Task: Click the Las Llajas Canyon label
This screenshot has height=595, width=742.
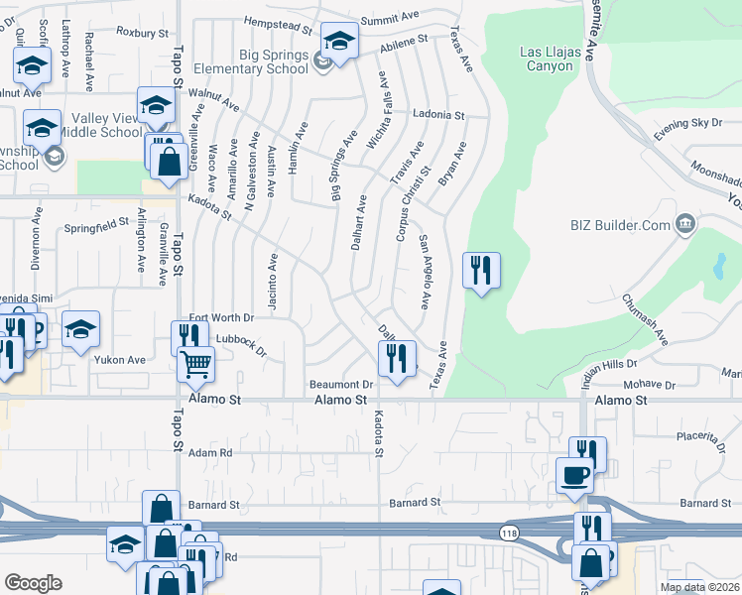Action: coord(548,59)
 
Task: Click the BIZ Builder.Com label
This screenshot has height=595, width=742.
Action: coord(620,225)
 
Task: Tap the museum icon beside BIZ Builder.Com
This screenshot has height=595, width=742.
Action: coord(684,225)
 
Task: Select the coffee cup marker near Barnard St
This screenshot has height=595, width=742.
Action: coord(575,475)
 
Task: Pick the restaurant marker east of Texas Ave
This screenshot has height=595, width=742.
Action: coord(481,270)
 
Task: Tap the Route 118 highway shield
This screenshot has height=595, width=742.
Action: coord(509,533)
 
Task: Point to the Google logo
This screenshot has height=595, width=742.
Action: coord(33,583)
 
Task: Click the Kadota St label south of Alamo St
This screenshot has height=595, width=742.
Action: coord(378,433)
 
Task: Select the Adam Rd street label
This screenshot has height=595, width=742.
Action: coord(210,452)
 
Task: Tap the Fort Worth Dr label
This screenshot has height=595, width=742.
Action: coord(222,317)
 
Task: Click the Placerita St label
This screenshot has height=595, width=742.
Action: coord(710,435)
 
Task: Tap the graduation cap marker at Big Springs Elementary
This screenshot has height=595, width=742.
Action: coord(339,43)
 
